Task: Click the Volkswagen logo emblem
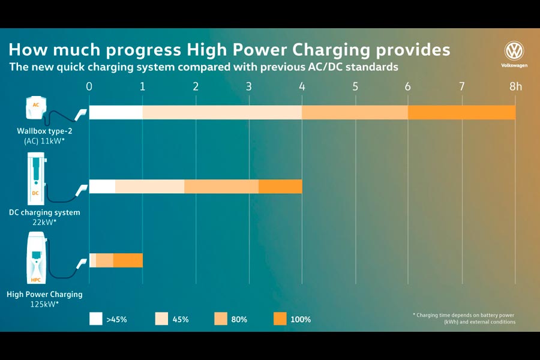tap(514, 50)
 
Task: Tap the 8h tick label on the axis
tap(515, 86)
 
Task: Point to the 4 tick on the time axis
tap(302, 86)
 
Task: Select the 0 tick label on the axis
tap(89, 86)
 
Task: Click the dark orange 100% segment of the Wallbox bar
tap(461, 112)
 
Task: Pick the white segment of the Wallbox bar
tap(116, 112)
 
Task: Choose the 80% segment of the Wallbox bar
tap(355, 112)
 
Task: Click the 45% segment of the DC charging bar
tap(149, 187)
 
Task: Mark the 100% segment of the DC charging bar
tap(280, 187)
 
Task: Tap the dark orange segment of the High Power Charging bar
tap(128, 260)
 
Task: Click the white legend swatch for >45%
tap(96, 319)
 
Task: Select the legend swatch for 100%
tap(280, 319)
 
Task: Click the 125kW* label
tap(44, 305)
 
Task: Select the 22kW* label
tap(44, 222)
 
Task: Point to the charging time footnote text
tap(464, 318)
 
